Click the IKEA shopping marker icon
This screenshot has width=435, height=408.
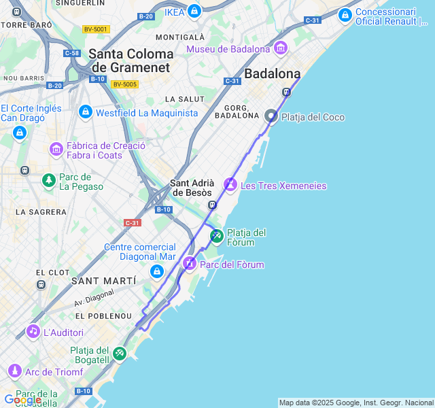click(x=194, y=11)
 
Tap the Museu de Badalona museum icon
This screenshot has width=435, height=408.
click(x=281, y=48)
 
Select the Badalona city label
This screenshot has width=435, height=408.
click(x=272, y=73)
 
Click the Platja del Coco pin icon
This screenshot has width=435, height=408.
click(x=271, y=116)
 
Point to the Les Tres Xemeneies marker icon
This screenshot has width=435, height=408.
click(x=230, y=184)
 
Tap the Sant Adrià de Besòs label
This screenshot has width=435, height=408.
click(x=192, y=188)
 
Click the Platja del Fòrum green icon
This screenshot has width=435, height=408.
click(x=216, y=236)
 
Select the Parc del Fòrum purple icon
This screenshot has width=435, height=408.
click(x=189, y=263)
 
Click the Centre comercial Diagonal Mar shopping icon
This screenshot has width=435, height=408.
click(x=157, y=272)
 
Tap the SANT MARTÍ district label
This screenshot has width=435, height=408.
click(x=103, y=281)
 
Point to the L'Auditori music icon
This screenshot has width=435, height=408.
click(x=33, y=332)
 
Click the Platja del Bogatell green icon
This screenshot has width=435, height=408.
click(x=120, y=353)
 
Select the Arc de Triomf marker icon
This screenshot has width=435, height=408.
click(x=14, y=371)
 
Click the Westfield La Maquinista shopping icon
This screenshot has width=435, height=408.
click(x=85, y=112)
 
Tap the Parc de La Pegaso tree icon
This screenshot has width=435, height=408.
click(x=48, y=180)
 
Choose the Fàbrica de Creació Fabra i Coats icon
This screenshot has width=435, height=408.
click(x=56, y=149)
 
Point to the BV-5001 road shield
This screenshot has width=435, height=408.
click(x=95, y=29)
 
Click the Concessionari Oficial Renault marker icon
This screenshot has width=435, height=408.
click(x=345, y=14)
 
